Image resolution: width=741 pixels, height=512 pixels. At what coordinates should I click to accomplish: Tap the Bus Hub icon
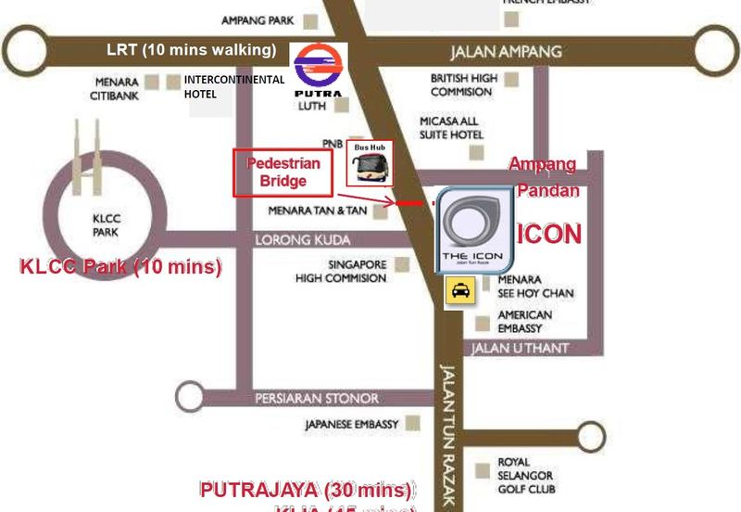click(x=370, y=165)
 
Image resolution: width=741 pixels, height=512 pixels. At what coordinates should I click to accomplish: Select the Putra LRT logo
click(x=318, y=70)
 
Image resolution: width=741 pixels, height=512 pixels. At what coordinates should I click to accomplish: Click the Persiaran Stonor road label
click(x=317, y=399)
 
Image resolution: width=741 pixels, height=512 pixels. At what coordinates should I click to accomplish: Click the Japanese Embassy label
click(x=351, y=425)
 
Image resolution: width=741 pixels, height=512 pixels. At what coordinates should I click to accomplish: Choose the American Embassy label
click(x=524, y=321)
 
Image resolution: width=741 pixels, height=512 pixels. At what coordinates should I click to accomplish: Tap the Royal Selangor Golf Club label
click(x=526, y=476)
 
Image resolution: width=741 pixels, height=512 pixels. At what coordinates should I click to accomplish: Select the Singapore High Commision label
click(x=341, y=271)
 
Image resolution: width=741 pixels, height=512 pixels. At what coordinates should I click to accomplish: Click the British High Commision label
click(x=461, y=85)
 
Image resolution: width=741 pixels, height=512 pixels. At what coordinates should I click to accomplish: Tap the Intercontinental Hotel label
click(x=234, y=86)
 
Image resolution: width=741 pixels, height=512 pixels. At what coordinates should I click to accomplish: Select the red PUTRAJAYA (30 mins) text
click(x=307, y=489)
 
